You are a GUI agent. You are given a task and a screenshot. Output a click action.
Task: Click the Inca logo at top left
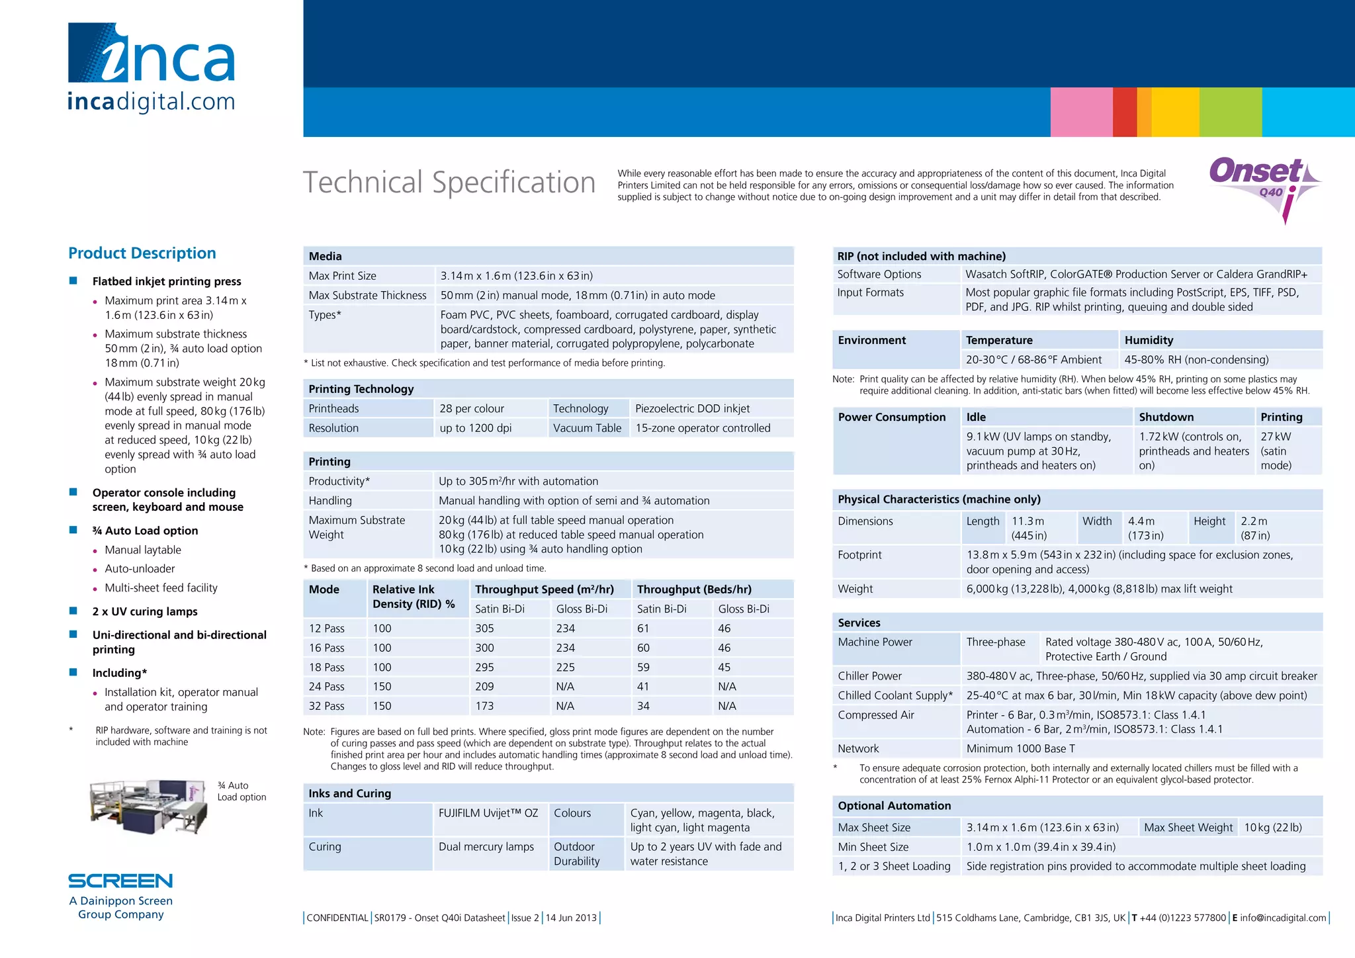point(152,66)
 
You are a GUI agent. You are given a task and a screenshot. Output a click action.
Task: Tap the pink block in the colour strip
point(1081,112)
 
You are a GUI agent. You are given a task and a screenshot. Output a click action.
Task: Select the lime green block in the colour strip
point(1230,112)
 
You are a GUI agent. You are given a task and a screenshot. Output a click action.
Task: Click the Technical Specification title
point(449,183)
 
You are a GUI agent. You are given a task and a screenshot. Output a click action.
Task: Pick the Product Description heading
point(142,253)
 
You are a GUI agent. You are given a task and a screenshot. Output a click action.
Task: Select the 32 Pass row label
point(327,706)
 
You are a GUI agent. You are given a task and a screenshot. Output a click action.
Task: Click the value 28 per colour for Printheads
point(472,409)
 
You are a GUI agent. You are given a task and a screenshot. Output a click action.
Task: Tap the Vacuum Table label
point(587,428)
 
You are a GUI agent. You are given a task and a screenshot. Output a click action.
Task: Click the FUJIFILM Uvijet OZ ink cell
point(488,813)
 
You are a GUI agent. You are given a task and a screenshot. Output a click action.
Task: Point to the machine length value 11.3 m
point(1028,521)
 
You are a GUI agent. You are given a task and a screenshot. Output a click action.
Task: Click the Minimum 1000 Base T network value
point(1020,749)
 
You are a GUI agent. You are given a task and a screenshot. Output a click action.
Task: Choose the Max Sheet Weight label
point(1188,828)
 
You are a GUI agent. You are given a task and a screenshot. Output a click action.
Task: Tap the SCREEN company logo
point(120,881)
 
